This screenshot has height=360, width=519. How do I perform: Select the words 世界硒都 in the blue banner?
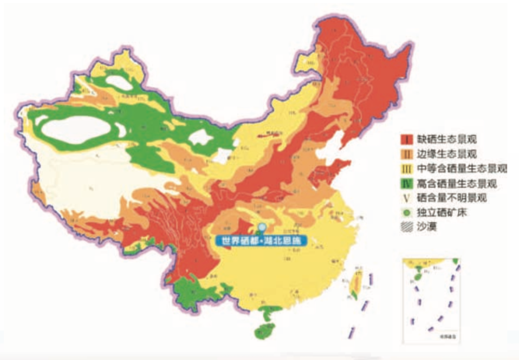point(235,241)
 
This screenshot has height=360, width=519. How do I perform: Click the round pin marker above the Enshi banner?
point(262,228)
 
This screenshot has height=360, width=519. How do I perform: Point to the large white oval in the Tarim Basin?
point(77,130)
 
